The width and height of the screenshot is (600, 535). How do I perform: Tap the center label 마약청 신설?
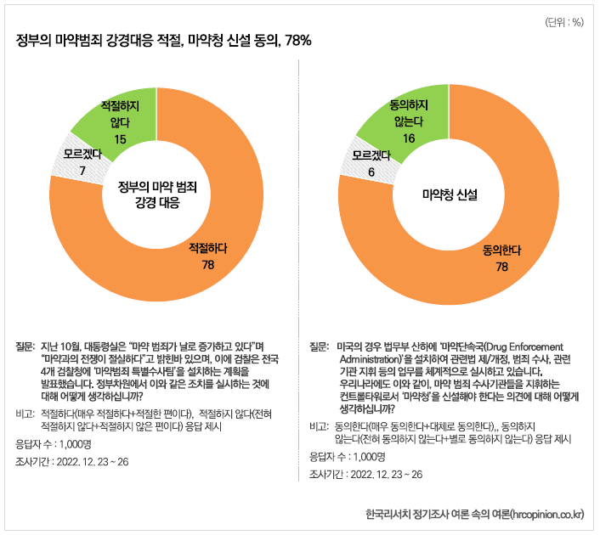(450, 194)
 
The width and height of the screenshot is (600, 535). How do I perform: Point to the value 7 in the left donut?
(82, 172)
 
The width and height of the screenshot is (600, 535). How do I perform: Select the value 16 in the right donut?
(409, 138)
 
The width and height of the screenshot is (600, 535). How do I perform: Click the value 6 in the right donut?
(371, 172)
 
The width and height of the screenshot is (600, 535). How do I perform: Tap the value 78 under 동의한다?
(501, 267)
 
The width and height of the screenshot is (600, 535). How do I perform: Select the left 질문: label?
(25, 346)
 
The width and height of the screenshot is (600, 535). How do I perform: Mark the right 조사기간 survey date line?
(365, 474)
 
